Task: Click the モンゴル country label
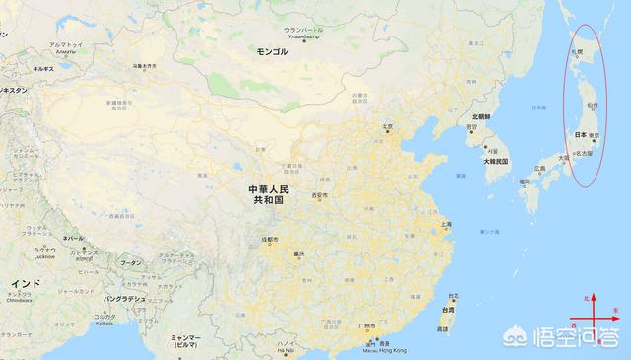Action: click(x=273, y=50)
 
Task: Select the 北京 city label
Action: click(x=387, y=126)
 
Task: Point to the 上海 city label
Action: click(x=446, y=224)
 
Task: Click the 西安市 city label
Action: click(x=319, y=195)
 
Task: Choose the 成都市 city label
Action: click(x=270, y=240)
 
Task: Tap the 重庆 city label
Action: click(x=298, y=254)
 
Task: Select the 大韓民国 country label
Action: click(x=495, y=160)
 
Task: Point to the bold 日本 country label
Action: click(x=580, y=135)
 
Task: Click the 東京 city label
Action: click(x=595, y=135)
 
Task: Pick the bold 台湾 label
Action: click(x=448, y=309)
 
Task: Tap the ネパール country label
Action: click(x=73, y=239)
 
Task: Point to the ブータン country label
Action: click(x=131, y=263)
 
